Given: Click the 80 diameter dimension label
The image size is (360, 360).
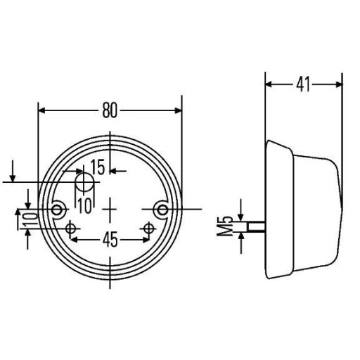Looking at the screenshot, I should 110,110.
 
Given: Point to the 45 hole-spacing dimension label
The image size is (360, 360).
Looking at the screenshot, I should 110,240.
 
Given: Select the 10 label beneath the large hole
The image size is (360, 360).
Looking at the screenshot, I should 84,206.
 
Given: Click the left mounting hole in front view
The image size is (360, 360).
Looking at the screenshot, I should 58,209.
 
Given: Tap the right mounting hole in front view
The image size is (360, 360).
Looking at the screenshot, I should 163,209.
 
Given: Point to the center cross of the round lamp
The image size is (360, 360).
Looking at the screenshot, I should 110,209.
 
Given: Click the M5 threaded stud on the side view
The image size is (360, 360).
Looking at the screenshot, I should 257,226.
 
